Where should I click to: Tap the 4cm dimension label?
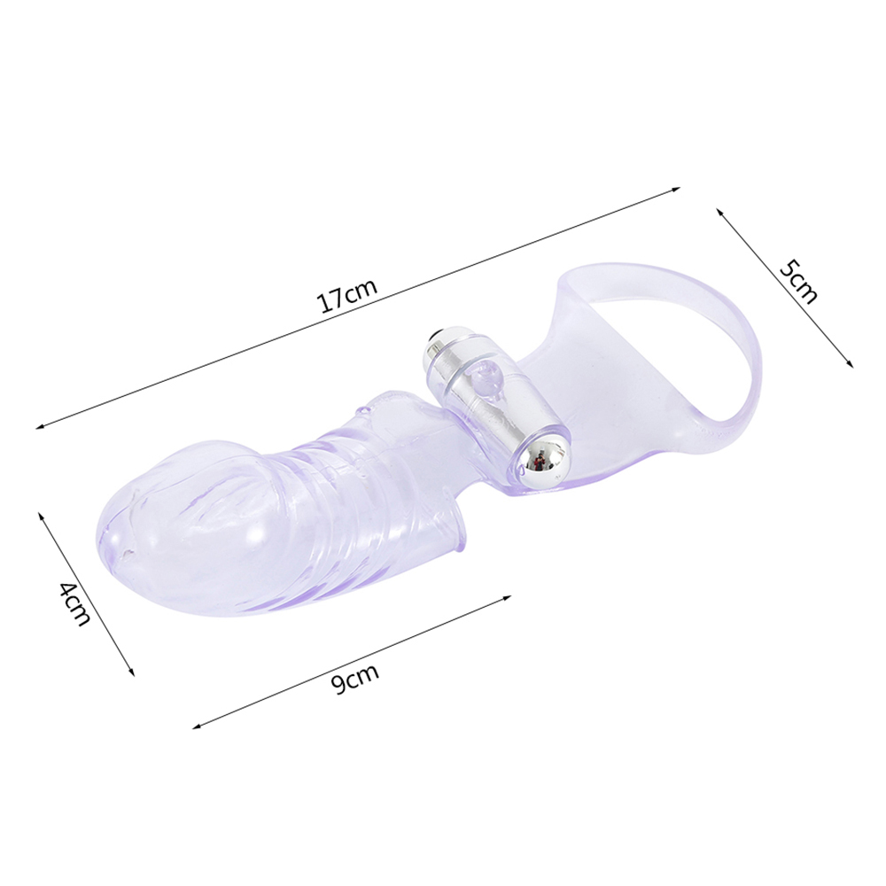[x=74, y=602]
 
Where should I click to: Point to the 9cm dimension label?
[x=354, y=679]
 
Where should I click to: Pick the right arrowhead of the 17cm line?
[x=676, y=190]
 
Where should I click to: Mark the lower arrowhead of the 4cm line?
[x=132, y=672]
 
